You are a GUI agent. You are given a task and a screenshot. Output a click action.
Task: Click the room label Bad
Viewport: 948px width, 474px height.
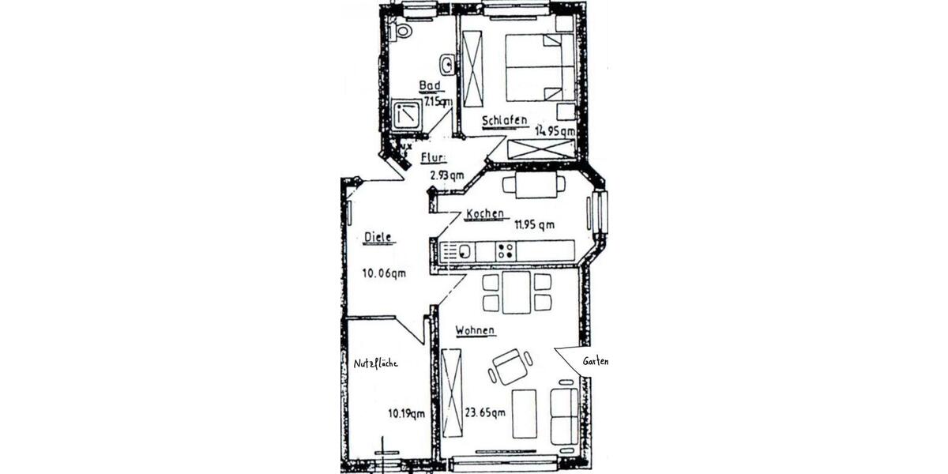(x=430, y=88)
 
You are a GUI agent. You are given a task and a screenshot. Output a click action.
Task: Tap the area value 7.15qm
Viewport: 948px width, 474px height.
(x=438, y=102)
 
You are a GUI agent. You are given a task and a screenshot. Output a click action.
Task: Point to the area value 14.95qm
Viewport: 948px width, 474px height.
(x=555, y=131)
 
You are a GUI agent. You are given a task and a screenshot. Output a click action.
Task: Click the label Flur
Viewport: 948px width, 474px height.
(x=434, y=157)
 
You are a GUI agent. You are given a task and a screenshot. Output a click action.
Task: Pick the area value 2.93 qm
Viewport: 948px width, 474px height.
(x=446, y=175)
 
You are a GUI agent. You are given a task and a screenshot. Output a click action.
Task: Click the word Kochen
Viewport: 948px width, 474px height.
(x=485, y=214)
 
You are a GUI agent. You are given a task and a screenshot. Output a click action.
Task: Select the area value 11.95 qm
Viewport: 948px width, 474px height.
(x=535, y=224)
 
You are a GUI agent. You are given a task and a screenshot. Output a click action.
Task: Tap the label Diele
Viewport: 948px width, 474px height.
(x=380, y=236)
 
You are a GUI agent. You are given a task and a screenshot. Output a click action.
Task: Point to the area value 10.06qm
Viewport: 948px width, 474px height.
(x=384, y=274)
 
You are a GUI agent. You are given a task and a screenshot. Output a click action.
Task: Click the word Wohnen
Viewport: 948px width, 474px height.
(x=475, y=330)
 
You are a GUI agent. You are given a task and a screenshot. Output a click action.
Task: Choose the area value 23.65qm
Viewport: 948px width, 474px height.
(x=485, y=412)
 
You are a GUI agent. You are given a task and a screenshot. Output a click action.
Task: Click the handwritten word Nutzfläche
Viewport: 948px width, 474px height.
(x=375, y=363)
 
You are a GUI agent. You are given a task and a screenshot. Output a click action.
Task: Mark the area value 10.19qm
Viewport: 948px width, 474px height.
(x=407, y=412)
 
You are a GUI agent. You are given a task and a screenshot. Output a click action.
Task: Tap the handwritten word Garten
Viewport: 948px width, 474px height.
(x=595, y=361)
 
